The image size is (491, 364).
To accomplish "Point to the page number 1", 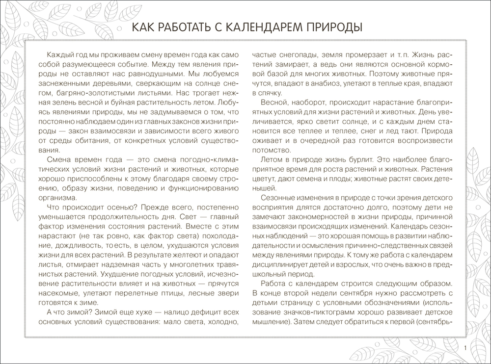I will coord(464,348).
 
